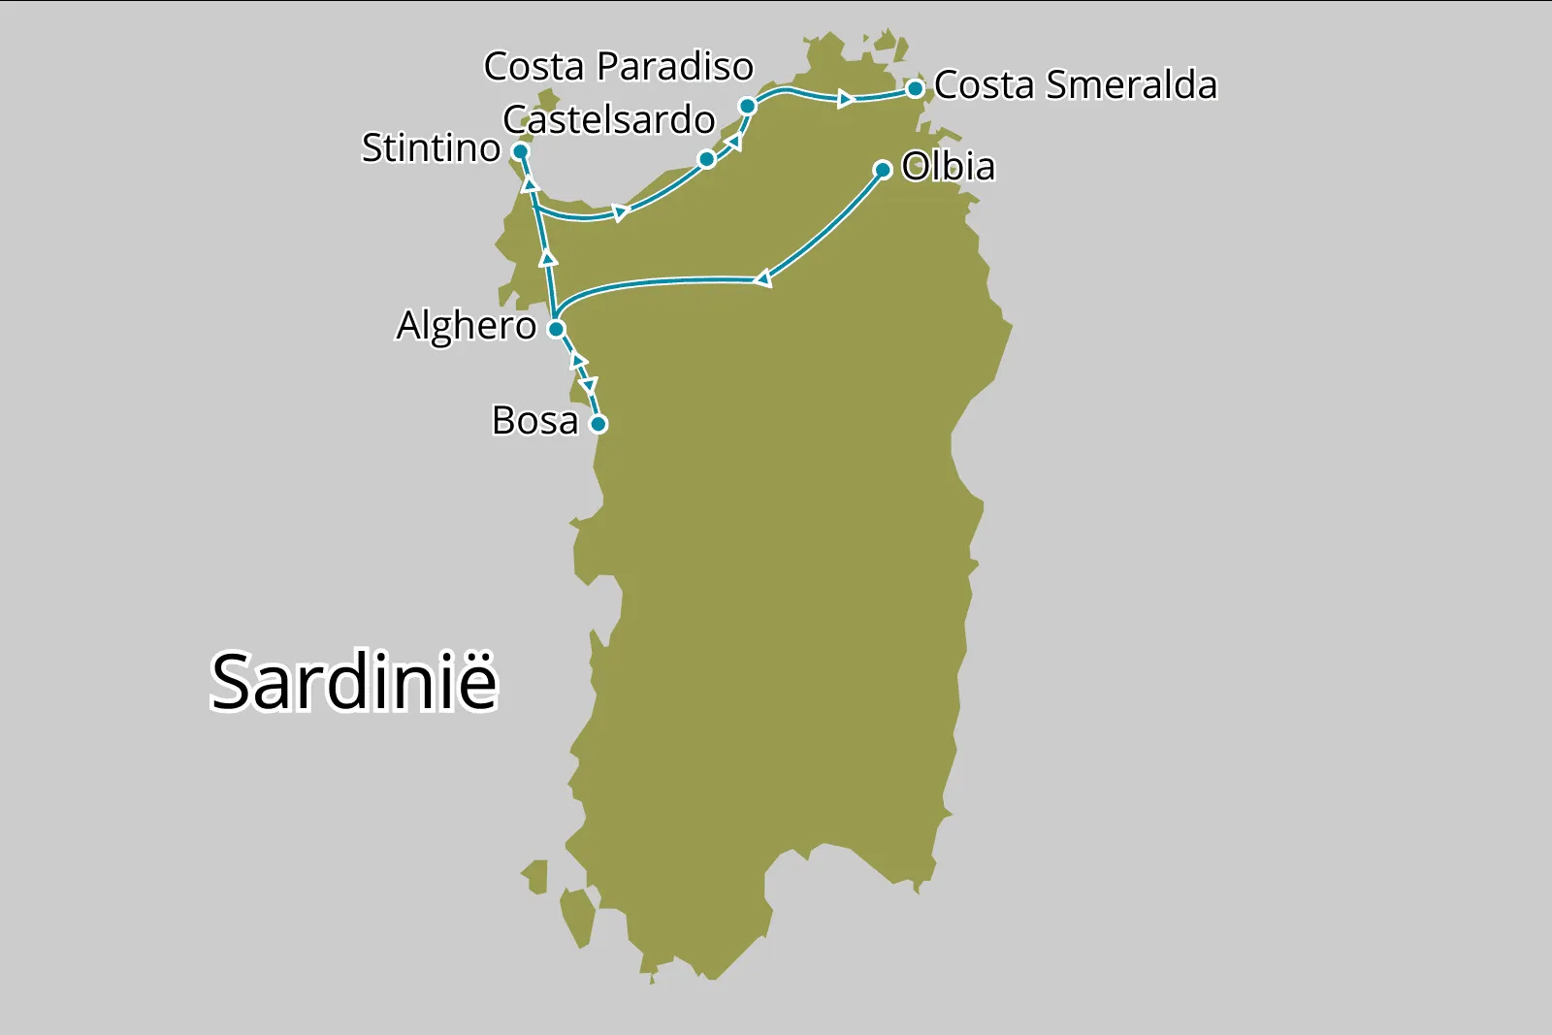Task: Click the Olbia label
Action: click(x=948, y=167)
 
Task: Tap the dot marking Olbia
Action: click(x=883, y=170)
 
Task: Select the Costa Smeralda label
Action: click(x=1075, y=85)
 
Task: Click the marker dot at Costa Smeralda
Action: click(x=915, y=89)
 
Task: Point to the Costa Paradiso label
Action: click(x=618, y=67)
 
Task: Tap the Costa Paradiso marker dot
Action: click(x=747, y=106)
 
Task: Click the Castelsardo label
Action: click(x=608, y=120)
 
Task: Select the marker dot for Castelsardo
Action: click(x=707, y=159)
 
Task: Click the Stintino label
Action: click(x=431, y=148)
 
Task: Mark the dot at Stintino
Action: click(x=520, y=151)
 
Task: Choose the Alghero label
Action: click(x=466, y=326)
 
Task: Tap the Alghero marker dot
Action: click(x=556, y=329)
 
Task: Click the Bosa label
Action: click(x=534, y=421)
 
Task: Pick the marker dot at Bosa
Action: click(x=598, y=424)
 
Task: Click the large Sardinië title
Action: click(x=354, y=682)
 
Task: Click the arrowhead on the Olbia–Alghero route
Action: click(x=763, y=279)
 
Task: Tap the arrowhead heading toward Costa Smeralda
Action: click(x=846, y=99)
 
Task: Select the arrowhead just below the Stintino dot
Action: click(x=530, y=182)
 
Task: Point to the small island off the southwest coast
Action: click(x=579, y=916)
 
